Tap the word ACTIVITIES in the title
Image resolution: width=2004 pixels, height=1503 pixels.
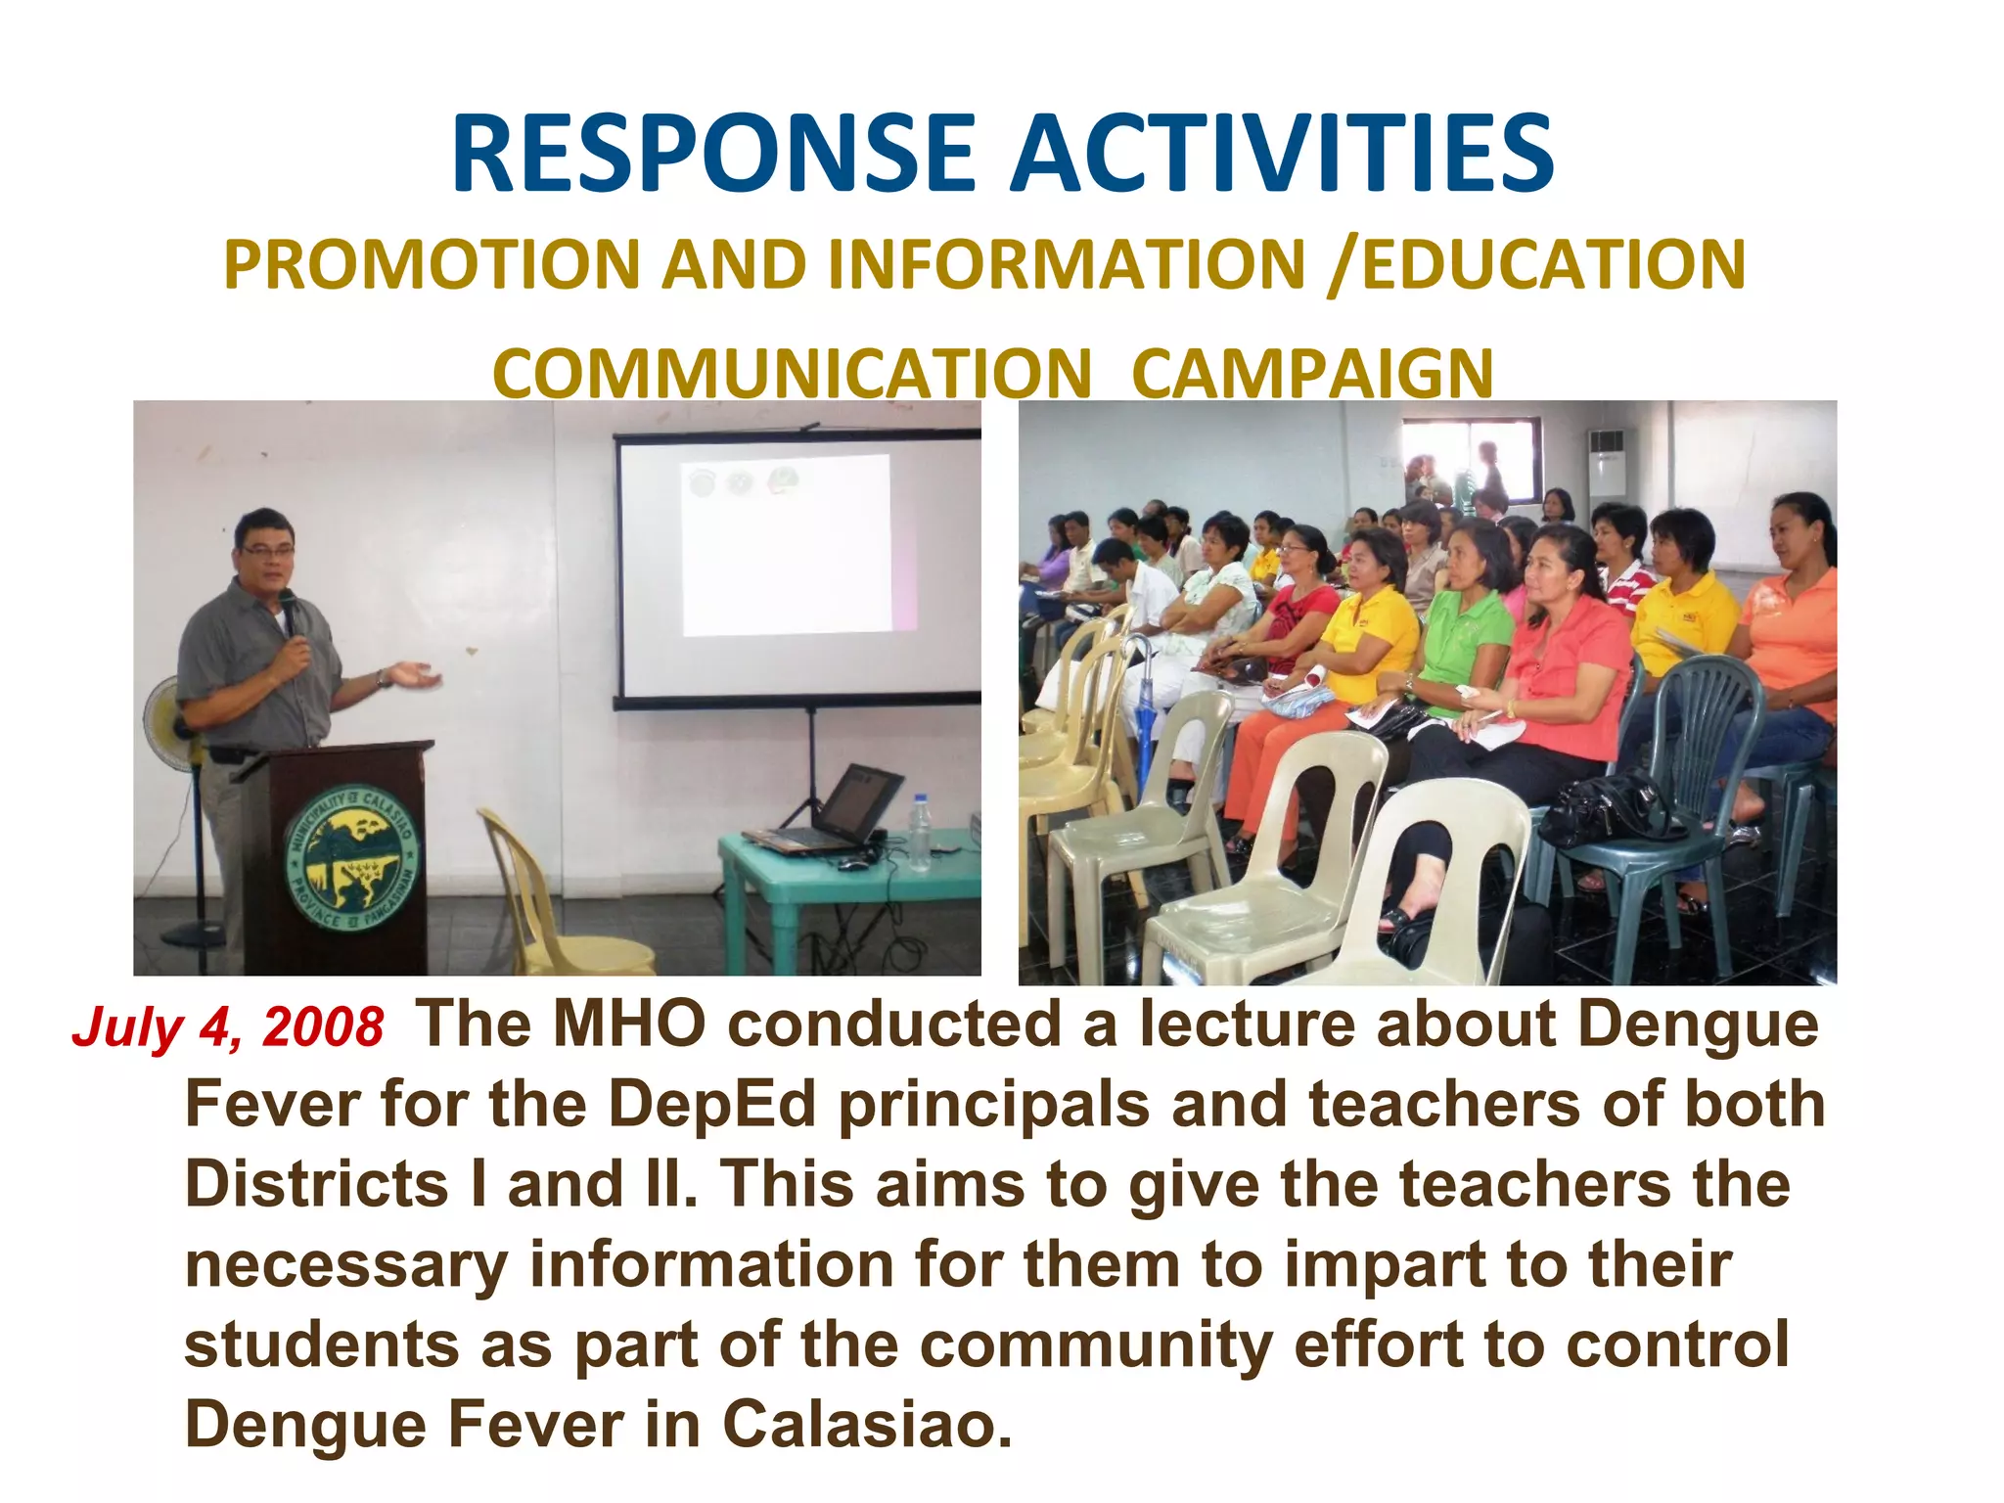1282,155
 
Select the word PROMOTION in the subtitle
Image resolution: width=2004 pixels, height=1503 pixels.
431,265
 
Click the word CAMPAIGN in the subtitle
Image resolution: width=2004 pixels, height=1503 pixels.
1312,374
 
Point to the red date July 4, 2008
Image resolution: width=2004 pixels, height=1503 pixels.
228,1028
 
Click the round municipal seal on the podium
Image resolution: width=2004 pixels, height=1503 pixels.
349,858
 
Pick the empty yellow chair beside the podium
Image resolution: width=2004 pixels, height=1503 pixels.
548,900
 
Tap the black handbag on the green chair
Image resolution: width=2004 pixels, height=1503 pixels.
1605,807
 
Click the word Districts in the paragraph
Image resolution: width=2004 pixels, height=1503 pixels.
316,1185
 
